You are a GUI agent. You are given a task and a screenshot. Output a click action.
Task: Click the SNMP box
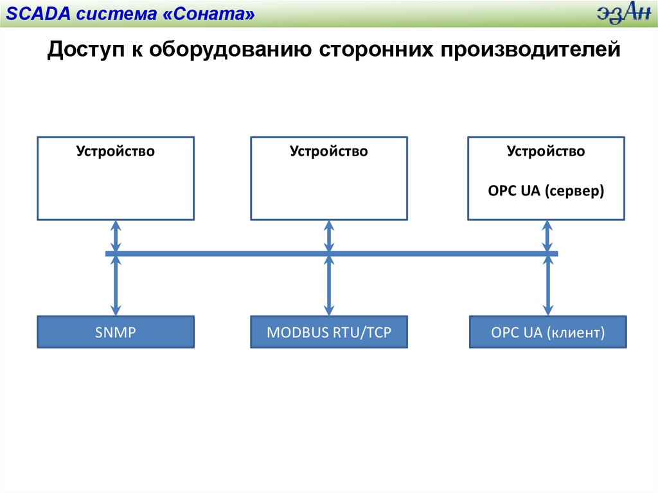(x=116, y=332)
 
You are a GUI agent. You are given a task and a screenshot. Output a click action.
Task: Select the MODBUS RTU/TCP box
(x=328, y=332)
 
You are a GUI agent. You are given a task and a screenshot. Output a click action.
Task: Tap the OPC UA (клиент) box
(x=547, y=332)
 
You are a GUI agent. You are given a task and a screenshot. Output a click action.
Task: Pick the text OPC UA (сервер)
(x=546, y=192)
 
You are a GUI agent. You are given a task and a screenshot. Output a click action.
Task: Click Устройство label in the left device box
(x=116, y=152)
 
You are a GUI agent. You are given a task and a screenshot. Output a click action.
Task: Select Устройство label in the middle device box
(x=328, y=152)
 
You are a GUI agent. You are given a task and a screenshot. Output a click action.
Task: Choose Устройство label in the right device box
(x=546, y=152)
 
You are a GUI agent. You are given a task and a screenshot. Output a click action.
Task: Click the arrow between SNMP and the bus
(x=116, y=285)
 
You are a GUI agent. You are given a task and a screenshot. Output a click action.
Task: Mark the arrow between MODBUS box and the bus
(x=329, y=285)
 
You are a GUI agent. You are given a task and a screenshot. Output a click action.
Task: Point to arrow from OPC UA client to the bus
(x=548, y=285)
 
